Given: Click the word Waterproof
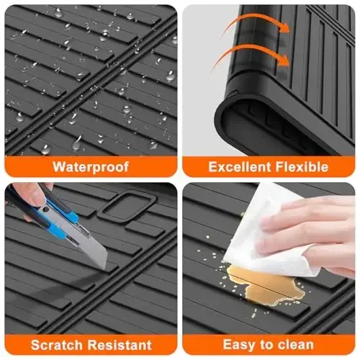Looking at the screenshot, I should click(x=90, y=167).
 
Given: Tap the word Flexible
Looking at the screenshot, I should click(x=302, y=167).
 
